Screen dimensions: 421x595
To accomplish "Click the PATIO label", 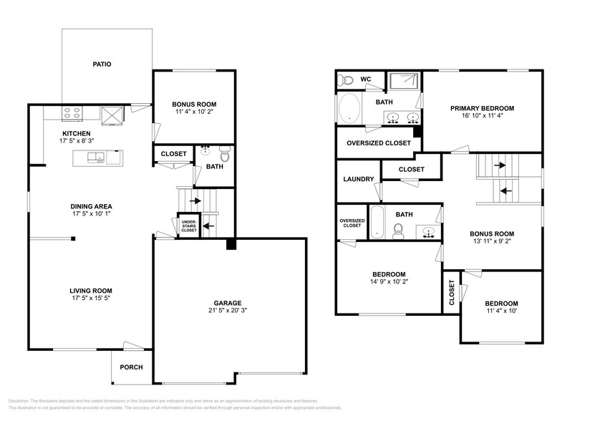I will (101, 64).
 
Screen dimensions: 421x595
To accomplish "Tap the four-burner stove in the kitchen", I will (72, 112).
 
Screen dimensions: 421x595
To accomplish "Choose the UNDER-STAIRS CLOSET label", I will (188, 226).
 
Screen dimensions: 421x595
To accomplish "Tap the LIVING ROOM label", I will (91, 291).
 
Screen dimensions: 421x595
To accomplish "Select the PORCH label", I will (131, 367).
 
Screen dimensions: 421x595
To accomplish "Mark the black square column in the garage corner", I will (230, 245).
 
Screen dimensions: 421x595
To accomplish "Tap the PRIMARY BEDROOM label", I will (482, 109).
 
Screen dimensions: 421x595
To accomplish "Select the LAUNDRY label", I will (357, 180).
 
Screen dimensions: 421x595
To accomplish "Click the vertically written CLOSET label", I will (451, 292).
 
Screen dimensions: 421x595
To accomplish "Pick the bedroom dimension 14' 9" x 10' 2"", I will (389, 282).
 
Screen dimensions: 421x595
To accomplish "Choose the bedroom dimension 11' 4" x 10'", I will (500, 311).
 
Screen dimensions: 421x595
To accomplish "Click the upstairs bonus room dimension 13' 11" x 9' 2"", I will (492, 242).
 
